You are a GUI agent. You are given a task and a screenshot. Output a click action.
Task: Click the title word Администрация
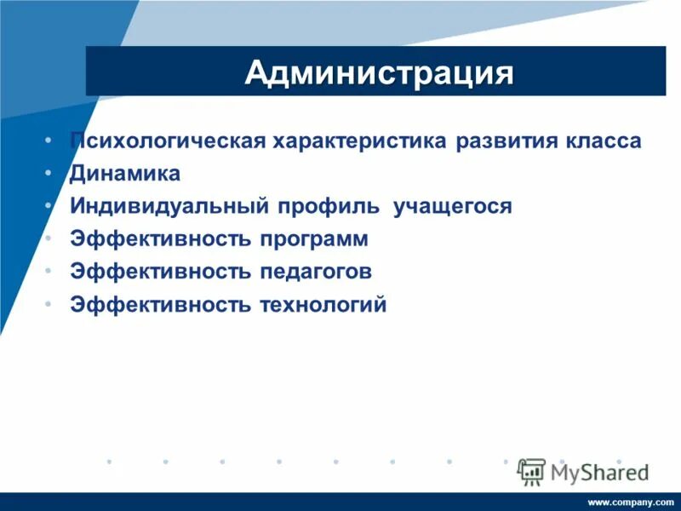pos(379,72)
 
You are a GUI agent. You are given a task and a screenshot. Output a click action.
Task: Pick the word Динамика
pos(125,174)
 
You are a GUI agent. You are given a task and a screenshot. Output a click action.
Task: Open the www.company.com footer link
pos(630,502)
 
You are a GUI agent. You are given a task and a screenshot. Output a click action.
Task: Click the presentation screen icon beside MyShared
pos(531,472)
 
